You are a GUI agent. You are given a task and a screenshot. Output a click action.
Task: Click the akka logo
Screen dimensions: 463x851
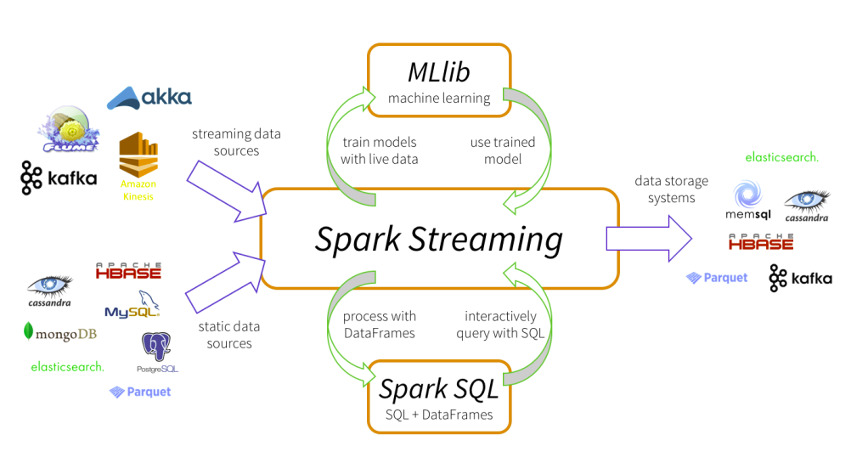pos(149,98)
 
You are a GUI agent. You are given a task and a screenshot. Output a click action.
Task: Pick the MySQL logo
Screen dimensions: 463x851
pos(132,308)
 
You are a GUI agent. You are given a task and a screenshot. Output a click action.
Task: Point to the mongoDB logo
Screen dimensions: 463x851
pos(60,333)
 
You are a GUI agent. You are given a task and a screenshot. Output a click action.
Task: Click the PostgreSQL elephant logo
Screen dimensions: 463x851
pos(157,351)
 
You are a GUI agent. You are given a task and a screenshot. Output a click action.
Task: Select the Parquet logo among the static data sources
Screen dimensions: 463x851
pos(140,392)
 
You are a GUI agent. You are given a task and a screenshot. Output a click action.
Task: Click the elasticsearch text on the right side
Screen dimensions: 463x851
pos(781,157)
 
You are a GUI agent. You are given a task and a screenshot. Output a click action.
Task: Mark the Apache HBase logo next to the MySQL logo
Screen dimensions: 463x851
pos(128,272)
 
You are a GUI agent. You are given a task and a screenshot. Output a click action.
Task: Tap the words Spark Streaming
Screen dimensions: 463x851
pos(438,240)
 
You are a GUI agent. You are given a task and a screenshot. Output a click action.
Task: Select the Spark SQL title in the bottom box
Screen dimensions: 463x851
pos(438,388)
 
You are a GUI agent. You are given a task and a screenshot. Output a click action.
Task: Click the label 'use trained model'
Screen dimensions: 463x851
pos(503,150)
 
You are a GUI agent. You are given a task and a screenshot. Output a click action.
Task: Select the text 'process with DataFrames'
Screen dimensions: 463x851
pos(379,325)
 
